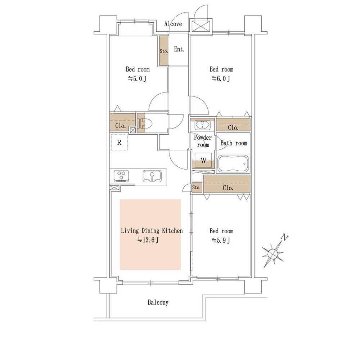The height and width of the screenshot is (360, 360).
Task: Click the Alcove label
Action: pyautogui.click(x=173, y=24)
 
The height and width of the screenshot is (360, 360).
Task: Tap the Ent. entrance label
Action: pyautogui.click(x=179, y=49)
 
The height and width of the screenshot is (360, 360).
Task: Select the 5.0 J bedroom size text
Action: pyautogui.click(x=137, y=79)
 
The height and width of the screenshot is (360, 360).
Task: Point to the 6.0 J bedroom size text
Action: pyautogui.click(x=221, y=79)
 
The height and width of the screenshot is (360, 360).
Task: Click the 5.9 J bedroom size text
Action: pyautogui.click(x=221, y=240)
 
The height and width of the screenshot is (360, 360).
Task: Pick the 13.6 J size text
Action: pyautogui.click(x=148, y=240)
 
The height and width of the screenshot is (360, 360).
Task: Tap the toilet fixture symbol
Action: pyautogui.click(x=145, y=124)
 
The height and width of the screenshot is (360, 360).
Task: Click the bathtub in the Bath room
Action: pyautogui.click(x=233, y=164)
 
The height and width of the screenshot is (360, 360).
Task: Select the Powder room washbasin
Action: pyautogui.click(x=202, y=125)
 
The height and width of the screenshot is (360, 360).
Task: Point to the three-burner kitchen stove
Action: pyautogui.click(x=121, y=176)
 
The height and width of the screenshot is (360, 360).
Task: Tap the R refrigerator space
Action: pyautogui.click(x=119, y=142)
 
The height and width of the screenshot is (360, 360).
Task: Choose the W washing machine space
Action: pyautogui.click(x=203, y=160)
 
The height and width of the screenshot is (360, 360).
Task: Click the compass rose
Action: pyautogui.click(x=273, y=253)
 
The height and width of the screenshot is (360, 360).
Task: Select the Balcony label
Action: pyautogui.click(x=158, y=302)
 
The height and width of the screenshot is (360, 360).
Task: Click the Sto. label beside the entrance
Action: pyautogui.click(x=164, y=51)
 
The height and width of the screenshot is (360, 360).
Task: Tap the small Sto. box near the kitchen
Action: pyautogui.click(x=197, y=187)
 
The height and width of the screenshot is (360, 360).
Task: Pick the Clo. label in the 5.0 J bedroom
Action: pyautogui.click(x=120, y=126)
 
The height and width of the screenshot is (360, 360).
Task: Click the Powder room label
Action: pyautogui.click(x=203, y=141)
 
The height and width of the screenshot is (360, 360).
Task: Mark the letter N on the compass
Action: pyautogui.click(x=285, y=238)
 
